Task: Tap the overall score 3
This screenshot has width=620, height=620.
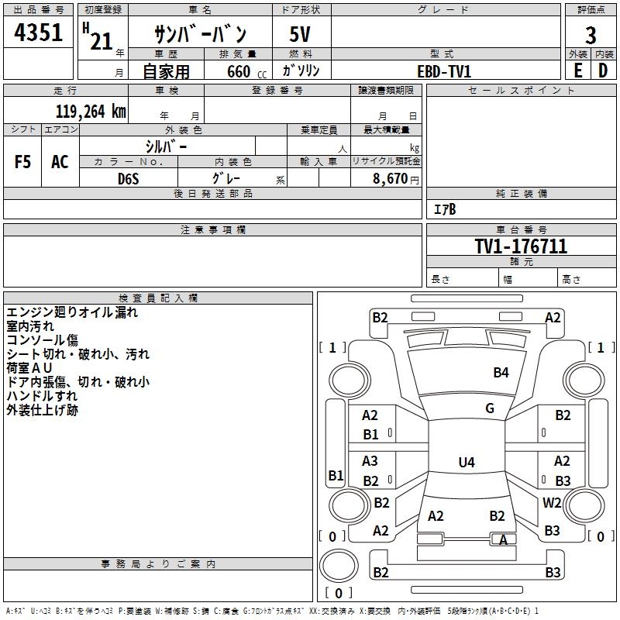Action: coord(591,36)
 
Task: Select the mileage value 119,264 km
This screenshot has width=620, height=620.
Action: coord(91,111)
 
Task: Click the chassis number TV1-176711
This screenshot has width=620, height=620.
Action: coord(521,247)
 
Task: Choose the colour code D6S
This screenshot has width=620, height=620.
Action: coord(128,178)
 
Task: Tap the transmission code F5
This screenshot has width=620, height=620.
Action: coord(23,162)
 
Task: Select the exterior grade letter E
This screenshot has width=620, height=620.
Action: coord(577,71)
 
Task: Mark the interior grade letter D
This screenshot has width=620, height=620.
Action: coord(602,71)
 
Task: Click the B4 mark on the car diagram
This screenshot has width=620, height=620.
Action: coord(501,373)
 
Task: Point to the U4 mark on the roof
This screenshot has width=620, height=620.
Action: coord(466,463)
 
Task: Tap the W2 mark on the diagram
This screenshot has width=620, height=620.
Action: coord(552,502)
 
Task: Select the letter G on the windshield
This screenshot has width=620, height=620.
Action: coord(490,408)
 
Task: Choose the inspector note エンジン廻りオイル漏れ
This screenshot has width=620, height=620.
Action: coord(72,312)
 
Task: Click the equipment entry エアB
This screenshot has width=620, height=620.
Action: coord(445,209)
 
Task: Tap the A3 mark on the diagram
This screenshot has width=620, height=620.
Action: coord(370,461)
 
